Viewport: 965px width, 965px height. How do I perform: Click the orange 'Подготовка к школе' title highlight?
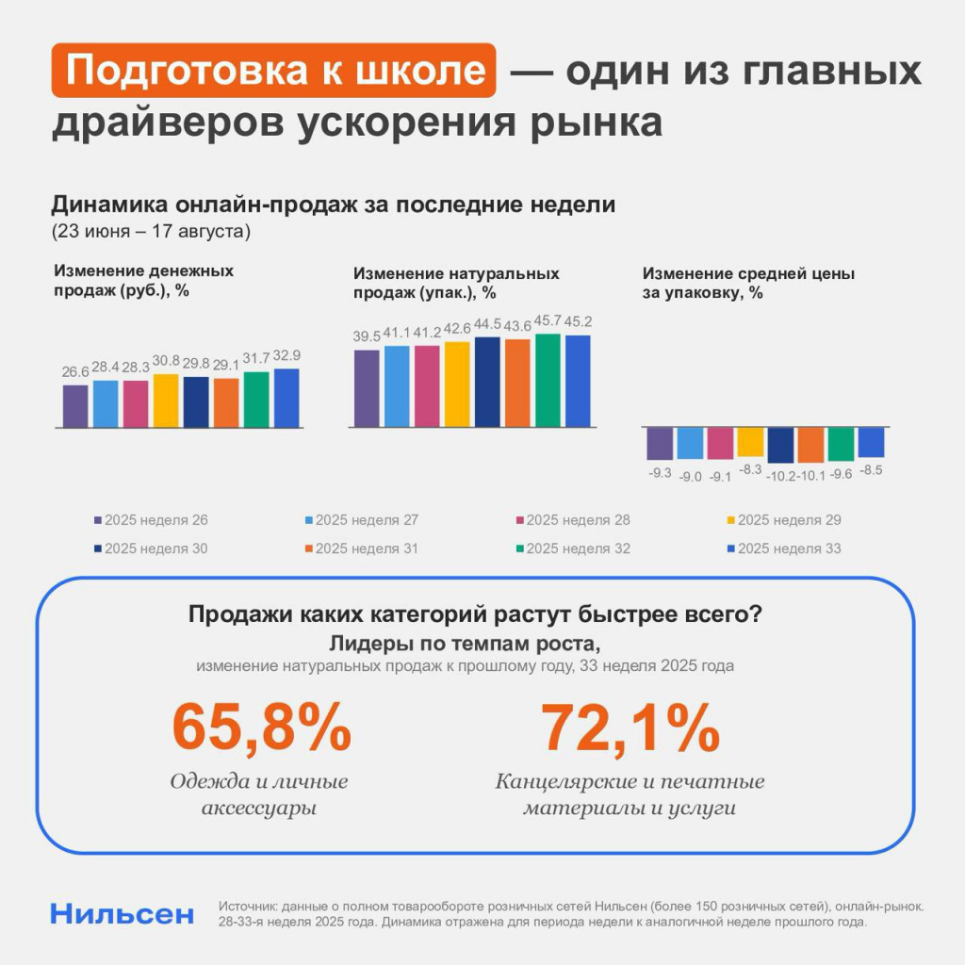coord(273,72)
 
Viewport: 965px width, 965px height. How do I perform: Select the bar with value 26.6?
coord(75,406)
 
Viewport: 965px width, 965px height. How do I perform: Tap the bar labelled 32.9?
coord(286,398)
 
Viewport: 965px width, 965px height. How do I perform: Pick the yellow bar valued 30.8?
coord(166,401)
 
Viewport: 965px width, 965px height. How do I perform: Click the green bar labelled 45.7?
coord(548,381)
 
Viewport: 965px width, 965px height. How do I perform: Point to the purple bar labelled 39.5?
coord(367,388)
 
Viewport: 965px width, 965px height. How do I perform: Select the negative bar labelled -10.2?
coord(780,445)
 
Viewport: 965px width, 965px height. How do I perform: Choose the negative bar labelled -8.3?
coord(750,442)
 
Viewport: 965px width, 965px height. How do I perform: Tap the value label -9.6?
coord(841,474)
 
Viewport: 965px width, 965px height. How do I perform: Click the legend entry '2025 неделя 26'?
coord(151,520)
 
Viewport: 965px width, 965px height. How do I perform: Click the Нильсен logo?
coord(123,913)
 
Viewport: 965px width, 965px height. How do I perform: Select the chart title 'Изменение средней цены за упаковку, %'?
coord(748,283)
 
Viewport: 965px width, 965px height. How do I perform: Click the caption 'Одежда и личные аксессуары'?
coord(259,794)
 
